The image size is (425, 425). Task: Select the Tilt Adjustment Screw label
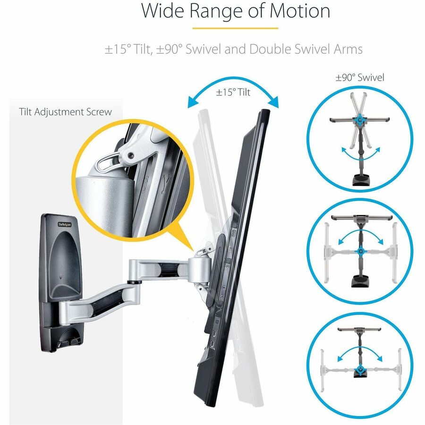click(66, 112)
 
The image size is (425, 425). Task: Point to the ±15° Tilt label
click(233, 93)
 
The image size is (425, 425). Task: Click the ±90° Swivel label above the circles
click(360, 77)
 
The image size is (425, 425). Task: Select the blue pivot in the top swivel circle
click(360, 120)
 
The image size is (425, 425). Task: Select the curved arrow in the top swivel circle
click(360, 154)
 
